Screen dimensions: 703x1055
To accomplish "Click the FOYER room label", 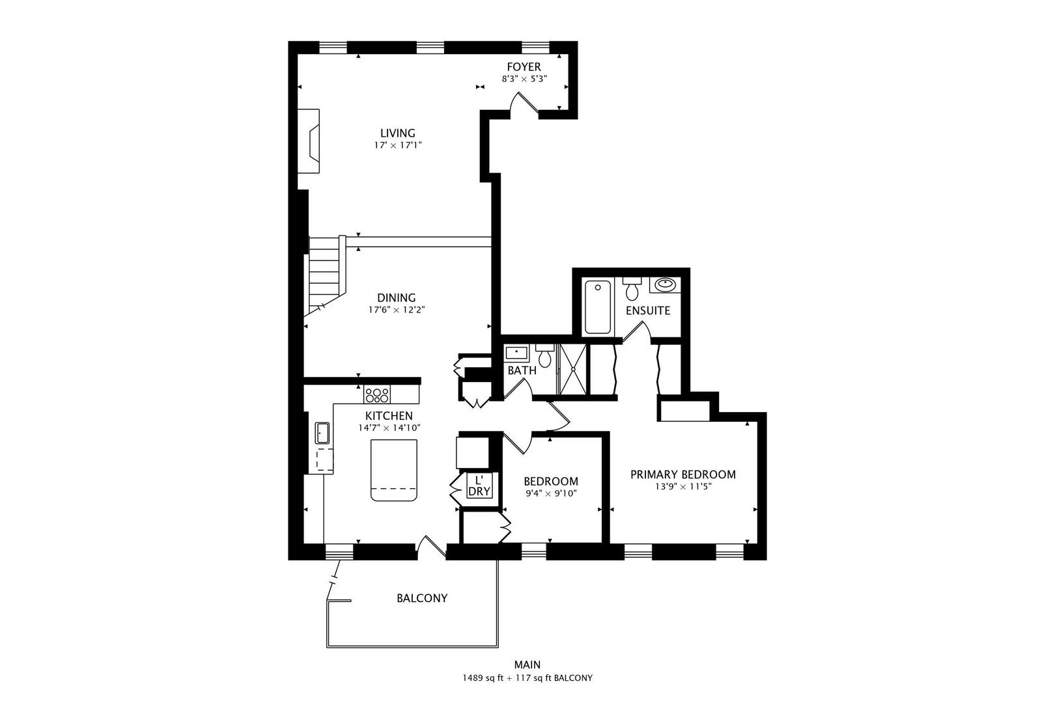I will [524, 67].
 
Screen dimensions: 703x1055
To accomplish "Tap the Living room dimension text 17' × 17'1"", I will [398, 146].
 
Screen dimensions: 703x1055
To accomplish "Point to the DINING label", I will [396, 298].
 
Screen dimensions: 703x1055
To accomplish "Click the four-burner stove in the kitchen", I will [377, 394].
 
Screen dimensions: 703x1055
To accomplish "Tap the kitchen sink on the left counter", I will [322, 433].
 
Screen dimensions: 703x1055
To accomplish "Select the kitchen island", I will [393, 470].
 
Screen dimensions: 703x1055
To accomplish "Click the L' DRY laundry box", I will [479, 486].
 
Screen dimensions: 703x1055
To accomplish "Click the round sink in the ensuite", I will [665, 284].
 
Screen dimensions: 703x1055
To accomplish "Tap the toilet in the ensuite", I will [631, 288].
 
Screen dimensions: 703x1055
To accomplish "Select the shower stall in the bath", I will [573, 369].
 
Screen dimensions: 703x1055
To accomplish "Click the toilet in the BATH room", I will [545, 357].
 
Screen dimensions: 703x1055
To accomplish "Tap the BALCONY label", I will [422, 598].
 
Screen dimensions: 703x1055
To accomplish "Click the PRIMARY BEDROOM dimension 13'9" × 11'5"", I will [682, 486].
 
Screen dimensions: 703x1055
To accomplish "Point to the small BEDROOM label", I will [551, 481].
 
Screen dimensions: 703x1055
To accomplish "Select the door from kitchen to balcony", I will [430, 547].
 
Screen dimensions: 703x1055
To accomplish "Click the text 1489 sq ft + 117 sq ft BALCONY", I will [527, 678].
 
